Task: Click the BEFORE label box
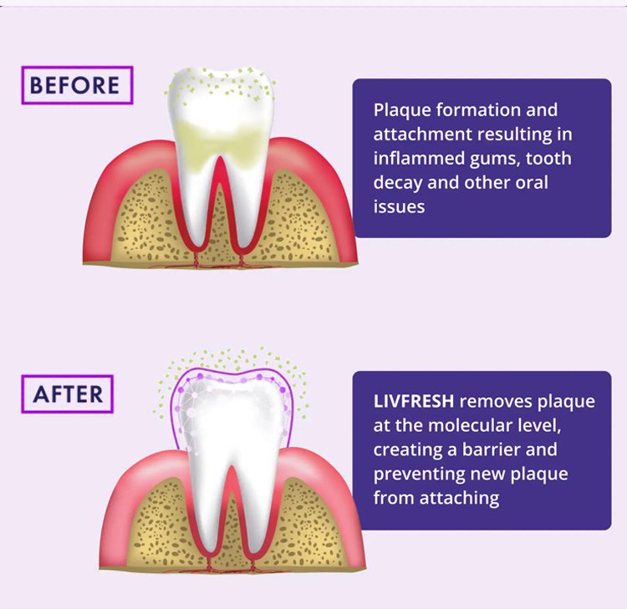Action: pos(77,85)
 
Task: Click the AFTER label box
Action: pos(68,393)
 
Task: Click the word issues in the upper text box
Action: pos(399,207)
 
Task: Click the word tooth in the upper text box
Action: pos(549,159)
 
